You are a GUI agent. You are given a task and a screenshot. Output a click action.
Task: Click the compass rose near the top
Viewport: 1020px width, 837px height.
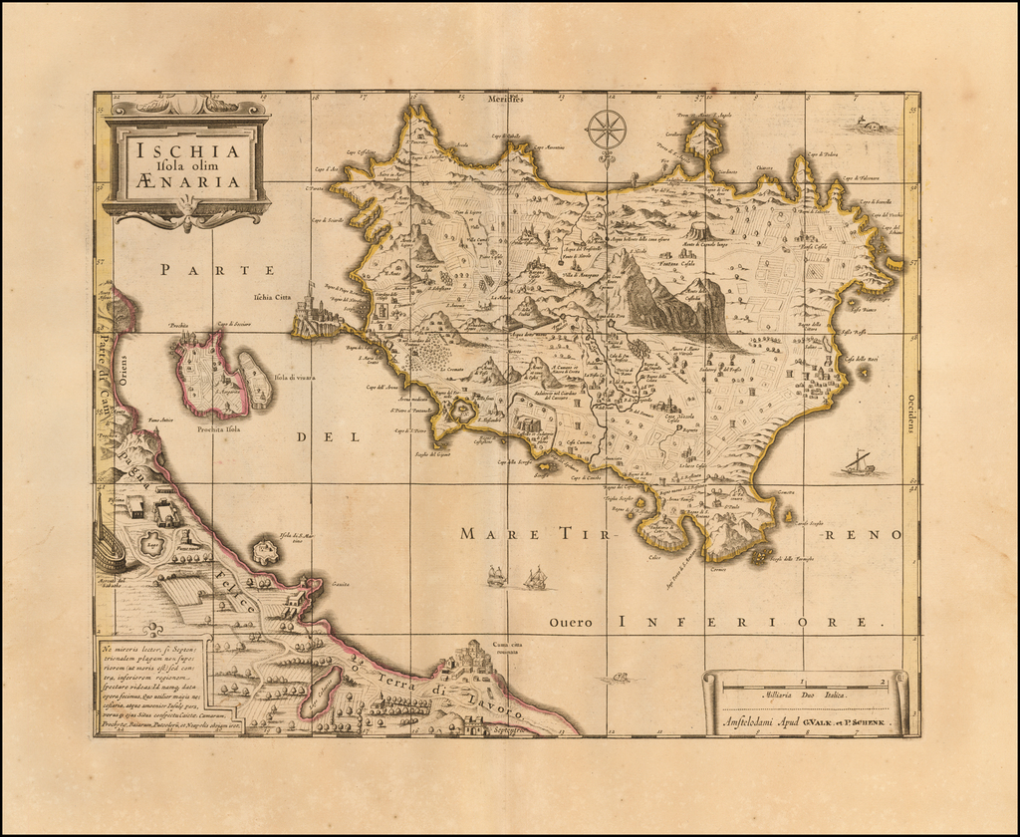(606, 131)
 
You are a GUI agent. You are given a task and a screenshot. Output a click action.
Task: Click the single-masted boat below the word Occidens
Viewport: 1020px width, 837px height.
(857, 463)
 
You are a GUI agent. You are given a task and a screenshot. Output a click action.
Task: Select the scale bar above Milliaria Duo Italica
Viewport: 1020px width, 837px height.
(805, 684)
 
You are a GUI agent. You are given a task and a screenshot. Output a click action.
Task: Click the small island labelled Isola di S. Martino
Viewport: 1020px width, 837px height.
(265, 551)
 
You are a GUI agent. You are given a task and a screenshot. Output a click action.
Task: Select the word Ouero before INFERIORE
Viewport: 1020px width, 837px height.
(571, 623)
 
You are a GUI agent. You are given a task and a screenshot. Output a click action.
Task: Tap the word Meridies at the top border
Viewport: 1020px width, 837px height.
(506, 99)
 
